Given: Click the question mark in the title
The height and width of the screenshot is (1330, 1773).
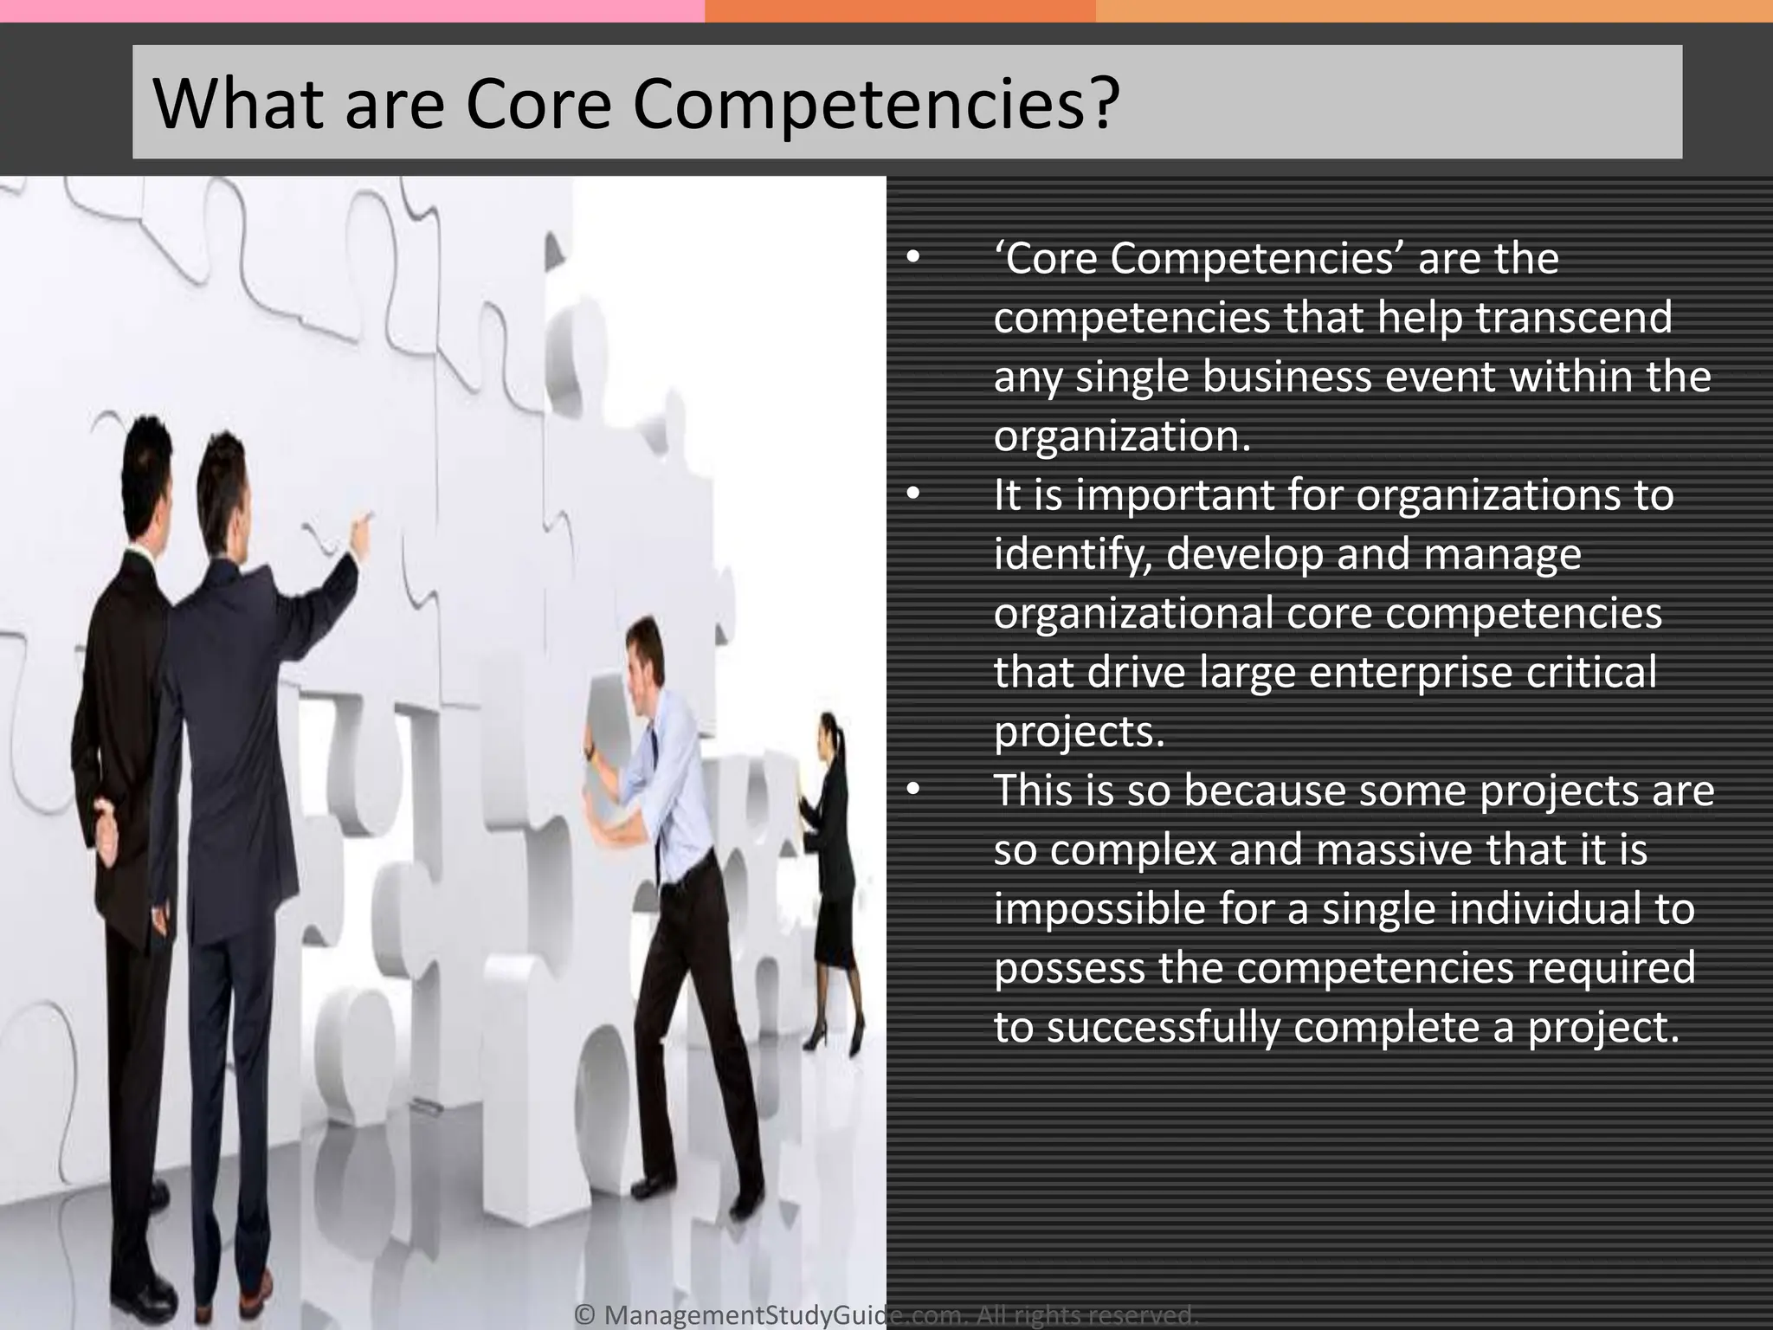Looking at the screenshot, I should tap(1101, 105).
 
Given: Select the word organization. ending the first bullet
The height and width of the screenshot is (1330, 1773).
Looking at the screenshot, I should tap(1122, 436).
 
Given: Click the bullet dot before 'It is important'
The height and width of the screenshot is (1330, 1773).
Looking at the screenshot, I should tap(912, 494).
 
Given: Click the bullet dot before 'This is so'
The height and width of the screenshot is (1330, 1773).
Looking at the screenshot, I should tap(912, 790).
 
